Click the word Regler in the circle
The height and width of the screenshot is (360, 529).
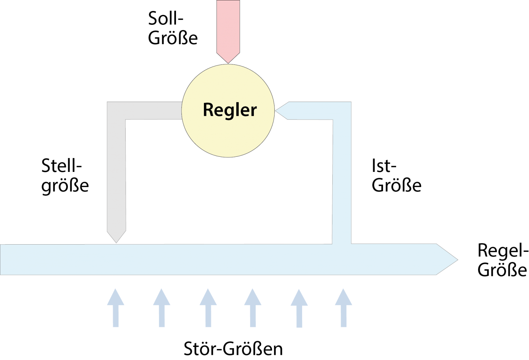tap(230, 110)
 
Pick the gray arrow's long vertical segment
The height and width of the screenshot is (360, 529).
tap(116, 172)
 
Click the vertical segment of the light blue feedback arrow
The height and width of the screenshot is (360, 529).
tap(342, 179)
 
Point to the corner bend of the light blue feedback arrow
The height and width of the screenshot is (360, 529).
tap(342, 111)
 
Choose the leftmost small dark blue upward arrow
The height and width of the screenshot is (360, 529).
tap(116, 307)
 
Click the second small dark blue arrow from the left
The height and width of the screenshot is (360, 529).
tap(162, 307)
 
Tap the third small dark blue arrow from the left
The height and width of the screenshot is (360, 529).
tap(208, 307)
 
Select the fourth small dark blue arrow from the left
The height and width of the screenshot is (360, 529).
tap(253, 307)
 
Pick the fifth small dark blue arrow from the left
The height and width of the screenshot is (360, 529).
tap(299, 307)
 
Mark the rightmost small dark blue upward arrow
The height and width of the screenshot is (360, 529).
tap(343, 307)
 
